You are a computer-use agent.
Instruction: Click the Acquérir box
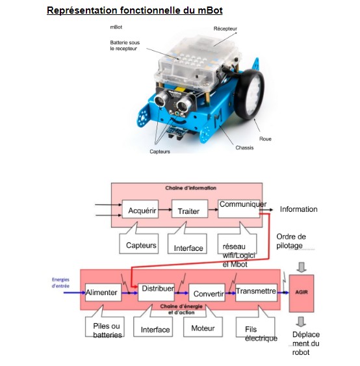tap(140, 209)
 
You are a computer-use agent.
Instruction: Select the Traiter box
tap(190, 209)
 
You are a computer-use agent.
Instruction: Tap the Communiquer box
tap(238, 209)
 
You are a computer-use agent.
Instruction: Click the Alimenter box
tap(103, 293)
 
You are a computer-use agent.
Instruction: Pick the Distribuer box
tap(156, 293)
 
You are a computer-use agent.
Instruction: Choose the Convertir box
tap(207, 293)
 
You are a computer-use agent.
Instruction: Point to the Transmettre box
tap(257, 293)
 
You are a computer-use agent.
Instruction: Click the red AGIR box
tap(302, 293)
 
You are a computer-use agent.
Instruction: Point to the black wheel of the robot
tap(249, 94)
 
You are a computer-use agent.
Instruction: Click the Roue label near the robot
tap(265, 139)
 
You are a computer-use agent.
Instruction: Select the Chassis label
tap(244, 148)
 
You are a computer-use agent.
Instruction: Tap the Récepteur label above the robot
tap(225, 29)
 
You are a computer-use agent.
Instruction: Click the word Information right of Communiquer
tap(299, 209)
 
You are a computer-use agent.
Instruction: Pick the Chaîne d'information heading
tap(190, 188)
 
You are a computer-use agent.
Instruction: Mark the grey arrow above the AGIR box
tap(302, 267)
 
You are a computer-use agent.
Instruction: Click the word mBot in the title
tap(210, 10)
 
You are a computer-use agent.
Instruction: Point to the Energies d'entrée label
tap(60, 283)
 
